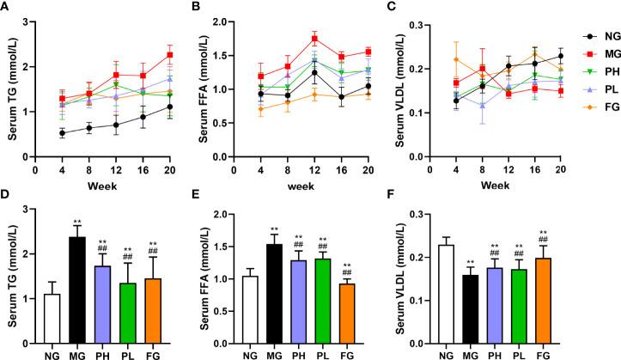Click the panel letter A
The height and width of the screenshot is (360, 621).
click(x=7, y=7)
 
